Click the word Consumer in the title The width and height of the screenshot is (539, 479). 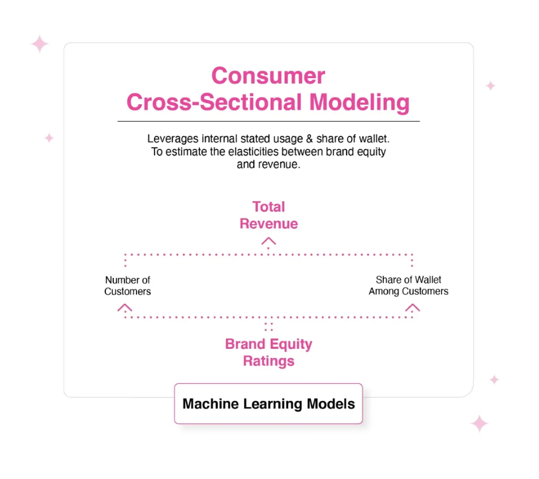pos(268,76)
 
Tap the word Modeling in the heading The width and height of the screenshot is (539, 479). pos(359,102)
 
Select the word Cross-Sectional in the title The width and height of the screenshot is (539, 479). pos(214,102)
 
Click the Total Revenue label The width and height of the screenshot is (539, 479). pos(269,215)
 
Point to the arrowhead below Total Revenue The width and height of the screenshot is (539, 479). pos(268,241)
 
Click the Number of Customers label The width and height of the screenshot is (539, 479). pos(127,286)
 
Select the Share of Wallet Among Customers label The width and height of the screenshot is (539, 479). pos(408,285)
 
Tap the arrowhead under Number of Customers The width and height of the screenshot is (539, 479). pos(125,307)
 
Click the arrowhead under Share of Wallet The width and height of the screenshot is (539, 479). pos(412,307)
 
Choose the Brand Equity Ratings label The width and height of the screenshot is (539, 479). pos(269,353)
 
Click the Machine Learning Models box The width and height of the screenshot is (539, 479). pos(268,404)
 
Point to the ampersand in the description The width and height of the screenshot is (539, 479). pos(309,139)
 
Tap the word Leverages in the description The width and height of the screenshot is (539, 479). pos(173,139)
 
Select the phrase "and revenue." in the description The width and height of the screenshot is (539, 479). pos(268,164)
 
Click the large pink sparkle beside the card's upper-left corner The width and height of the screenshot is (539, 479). pos(40,44)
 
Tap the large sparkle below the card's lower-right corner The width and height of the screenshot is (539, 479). pos(480,424)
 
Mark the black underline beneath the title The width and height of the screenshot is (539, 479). pos(268,121)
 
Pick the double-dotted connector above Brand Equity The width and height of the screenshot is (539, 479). pos(268,327)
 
